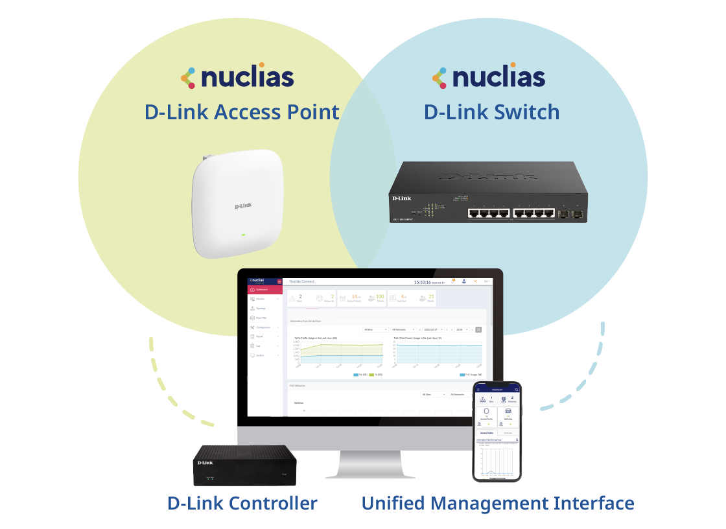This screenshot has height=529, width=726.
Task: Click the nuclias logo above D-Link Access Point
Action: point(237,76)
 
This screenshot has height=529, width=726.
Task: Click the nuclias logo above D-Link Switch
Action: point(489,76)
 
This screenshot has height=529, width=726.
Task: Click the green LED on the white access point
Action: point(243,235)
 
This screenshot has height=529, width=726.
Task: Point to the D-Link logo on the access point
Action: point(244,206)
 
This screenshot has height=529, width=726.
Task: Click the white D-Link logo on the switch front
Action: point(401,197)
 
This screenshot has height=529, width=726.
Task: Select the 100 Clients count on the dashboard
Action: point(379,297)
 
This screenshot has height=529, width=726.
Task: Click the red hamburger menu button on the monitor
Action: point(279,281)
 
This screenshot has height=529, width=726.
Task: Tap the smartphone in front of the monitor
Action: point(497,431)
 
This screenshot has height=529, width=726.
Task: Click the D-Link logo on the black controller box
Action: point(205,462)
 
